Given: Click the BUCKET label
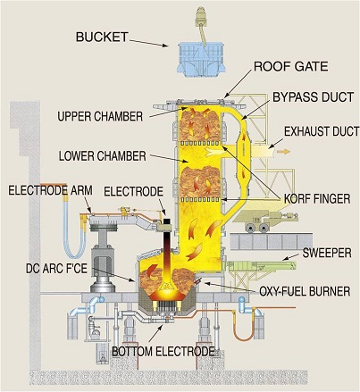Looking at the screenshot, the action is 102,37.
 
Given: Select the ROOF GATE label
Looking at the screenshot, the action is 290,66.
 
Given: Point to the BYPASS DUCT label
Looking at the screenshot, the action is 313,97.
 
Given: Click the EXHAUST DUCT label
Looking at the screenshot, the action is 322,131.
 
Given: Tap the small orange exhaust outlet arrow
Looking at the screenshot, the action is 283,152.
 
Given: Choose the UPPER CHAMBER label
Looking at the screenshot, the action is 100,116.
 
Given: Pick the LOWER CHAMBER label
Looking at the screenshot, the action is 103,156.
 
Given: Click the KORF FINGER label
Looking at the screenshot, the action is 317,198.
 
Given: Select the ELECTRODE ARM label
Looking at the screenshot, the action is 50,190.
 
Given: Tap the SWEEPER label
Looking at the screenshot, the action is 327,253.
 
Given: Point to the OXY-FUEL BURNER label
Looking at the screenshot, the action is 305,291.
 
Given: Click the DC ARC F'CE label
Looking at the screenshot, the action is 56,269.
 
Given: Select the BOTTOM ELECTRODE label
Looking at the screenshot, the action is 163,352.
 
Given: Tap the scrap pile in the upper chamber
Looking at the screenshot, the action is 199,125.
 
